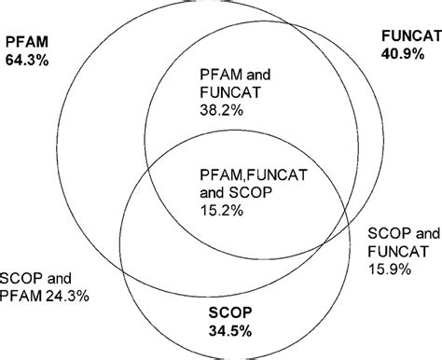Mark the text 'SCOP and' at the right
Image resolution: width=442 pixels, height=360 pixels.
coord(397,231)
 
